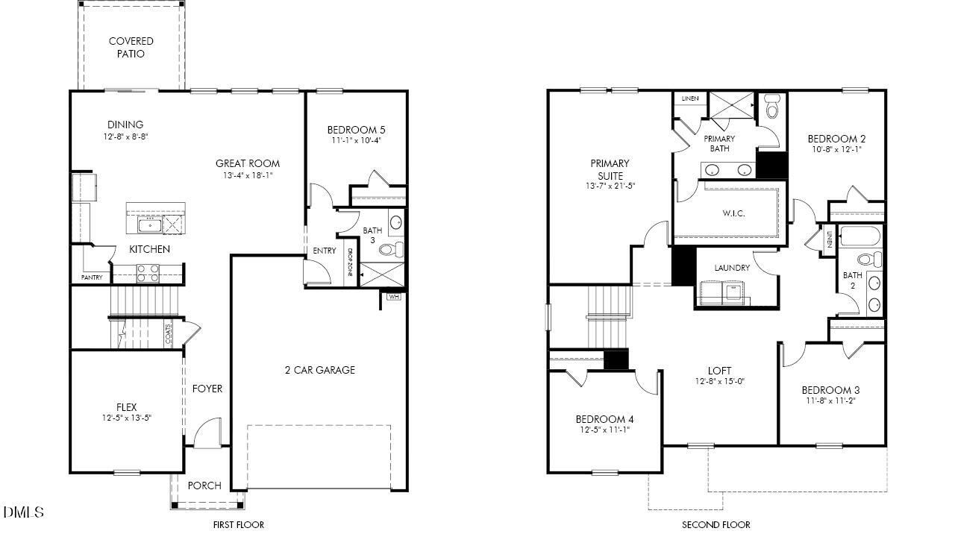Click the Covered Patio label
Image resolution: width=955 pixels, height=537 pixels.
(x=131, y=48)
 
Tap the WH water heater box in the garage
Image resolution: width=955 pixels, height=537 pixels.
(x=394, y=297)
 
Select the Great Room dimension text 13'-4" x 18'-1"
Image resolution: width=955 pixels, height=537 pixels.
(x=248, y=176)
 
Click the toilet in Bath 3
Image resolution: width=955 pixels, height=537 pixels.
(x=392, y=248)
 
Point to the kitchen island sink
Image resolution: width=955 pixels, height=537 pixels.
(x=150, y=224)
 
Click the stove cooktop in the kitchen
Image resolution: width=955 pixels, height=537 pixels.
(x=148, y=273)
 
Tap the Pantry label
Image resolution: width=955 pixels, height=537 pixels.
(x=92, y=277)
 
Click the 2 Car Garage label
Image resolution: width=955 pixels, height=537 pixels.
(x=319, y=370)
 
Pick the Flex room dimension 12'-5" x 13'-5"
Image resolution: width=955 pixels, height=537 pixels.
(x=126, y=418)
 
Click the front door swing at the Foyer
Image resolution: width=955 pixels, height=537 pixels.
(x=207, y=433)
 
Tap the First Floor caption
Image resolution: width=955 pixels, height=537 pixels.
(x=238, y=524)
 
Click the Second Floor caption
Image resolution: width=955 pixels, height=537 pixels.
(x=716, y=524)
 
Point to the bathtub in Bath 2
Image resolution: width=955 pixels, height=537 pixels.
(x=860, y=236)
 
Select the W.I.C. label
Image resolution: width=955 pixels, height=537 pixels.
(x=733, y=213)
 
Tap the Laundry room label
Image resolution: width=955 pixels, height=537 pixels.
(x=732, y=268)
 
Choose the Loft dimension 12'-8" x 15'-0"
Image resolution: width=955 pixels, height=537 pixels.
(x=719, y=381)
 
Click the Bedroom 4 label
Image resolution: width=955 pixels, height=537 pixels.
(x=604, y=418)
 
